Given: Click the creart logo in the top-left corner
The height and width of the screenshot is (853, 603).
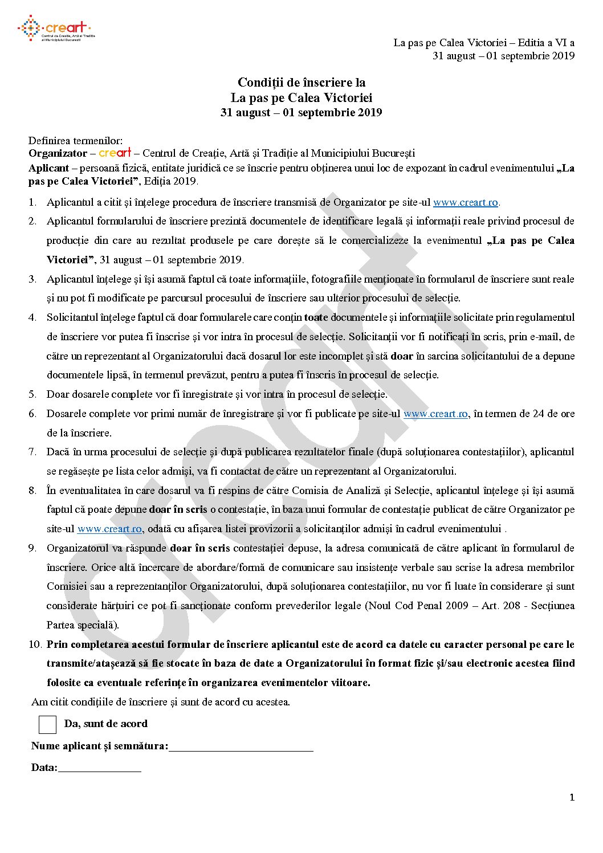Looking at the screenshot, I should [55, 28].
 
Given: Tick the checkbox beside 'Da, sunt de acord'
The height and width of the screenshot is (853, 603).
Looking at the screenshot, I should [47, 724].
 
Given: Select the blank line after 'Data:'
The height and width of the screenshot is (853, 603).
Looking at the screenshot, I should [99, 769].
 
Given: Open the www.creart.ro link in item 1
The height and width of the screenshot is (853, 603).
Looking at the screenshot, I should [465, 202].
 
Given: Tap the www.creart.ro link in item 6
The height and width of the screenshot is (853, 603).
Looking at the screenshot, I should [435, 414].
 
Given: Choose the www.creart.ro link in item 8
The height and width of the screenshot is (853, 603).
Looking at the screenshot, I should [109, 529].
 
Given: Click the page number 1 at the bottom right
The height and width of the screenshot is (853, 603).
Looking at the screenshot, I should [572, 797].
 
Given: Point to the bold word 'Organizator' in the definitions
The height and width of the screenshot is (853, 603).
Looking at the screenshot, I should [58, 153].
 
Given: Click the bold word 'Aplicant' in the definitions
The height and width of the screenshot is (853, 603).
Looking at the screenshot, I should [48, 168].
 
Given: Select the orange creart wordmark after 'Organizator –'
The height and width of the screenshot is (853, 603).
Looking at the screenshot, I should [115, 153].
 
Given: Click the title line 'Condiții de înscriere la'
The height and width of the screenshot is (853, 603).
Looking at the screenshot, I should [301, 83].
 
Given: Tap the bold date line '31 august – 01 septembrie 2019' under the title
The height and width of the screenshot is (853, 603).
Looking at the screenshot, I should [301, 112].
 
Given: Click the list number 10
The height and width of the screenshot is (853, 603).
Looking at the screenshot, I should [35, 644].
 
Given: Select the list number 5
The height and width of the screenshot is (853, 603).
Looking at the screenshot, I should [33, 394].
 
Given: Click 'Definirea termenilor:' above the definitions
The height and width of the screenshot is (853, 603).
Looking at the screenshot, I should [75, 141].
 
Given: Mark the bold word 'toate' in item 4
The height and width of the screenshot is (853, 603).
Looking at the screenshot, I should [316, 317].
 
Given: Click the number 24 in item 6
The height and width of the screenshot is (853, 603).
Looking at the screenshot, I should [539, 414].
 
